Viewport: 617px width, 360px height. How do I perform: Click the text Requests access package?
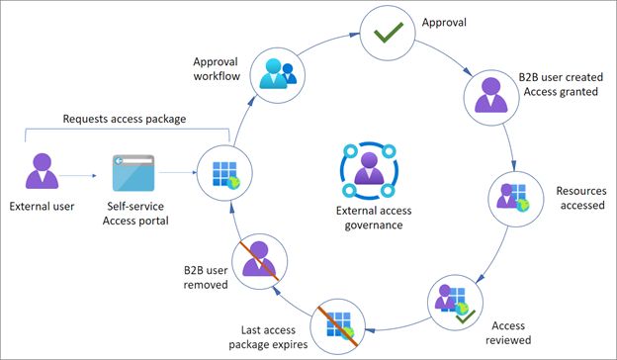click(x=127, y=119)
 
